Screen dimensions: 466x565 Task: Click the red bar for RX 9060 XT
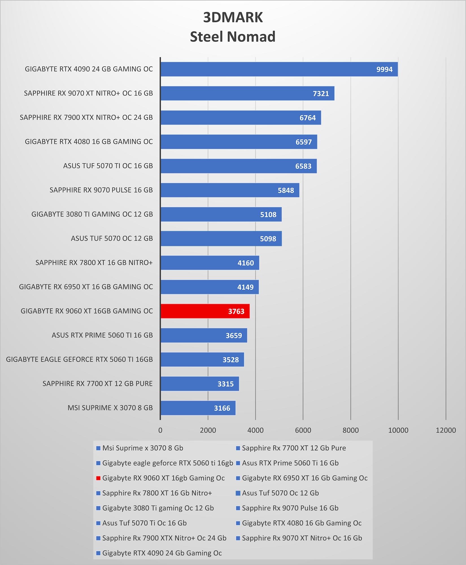click(x=205, y=311)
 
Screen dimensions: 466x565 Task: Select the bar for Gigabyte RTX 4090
click(x=279, y=69)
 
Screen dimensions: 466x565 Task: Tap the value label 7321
click(x=321, y=94)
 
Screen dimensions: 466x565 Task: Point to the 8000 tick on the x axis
click(x=350, y=430)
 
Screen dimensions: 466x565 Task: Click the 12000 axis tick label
click(x=446, y=430)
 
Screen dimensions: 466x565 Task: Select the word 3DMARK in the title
click(x=233, y=17)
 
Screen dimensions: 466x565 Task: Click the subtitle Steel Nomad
click(x=233, y=37)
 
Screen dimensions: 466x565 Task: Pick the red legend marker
click(x=98, y=478)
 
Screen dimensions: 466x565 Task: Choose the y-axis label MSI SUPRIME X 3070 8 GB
click(x=110, y=408)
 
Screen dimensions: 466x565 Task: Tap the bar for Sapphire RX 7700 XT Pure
click(x=200, y=384)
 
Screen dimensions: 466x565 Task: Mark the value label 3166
click(x=222, y=408)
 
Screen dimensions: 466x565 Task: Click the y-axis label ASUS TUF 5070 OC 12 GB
click(x=112, y=238)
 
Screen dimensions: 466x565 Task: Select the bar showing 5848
click(x=230, y=190)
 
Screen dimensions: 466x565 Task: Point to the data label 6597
click(x=304, y=142)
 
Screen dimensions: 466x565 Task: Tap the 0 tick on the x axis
click(x=160, y=430)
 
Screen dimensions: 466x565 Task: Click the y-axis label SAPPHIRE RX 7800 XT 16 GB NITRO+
click(x=94, y=263)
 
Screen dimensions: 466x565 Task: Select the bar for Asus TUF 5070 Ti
click(x=239, y=166)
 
